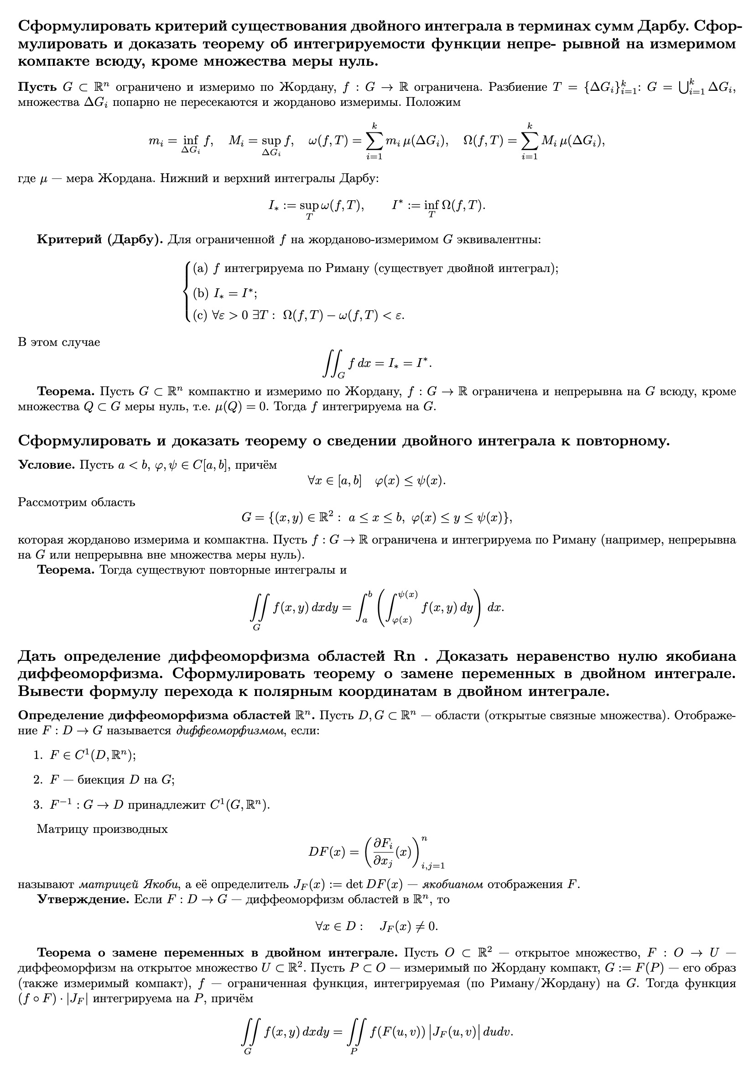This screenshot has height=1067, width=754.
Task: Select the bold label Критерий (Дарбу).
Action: [100, 240]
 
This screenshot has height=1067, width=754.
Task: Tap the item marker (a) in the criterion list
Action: [200, 268]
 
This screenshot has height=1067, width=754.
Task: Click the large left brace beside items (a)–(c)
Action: [187, 292]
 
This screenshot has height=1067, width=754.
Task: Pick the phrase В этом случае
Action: [59, 342]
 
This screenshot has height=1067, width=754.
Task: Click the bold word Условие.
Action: [47, 465]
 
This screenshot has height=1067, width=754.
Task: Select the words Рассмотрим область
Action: [77, 502]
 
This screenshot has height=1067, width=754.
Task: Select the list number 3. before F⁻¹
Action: [38, 805]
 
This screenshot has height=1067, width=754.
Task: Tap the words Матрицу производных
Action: [102, 829]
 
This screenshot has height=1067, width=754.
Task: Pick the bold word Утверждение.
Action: [83, 900]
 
